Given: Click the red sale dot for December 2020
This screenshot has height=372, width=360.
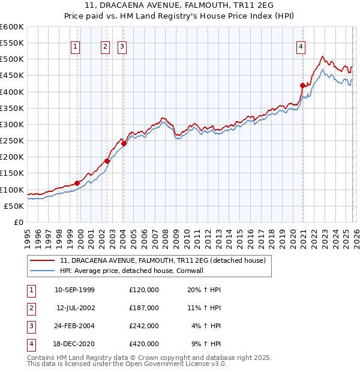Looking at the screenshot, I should tap(302, 86).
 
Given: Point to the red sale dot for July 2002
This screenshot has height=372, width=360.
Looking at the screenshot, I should tap(107, 161).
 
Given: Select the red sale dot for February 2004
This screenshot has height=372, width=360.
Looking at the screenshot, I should tap(124, 143).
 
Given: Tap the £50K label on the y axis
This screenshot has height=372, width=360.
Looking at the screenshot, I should tap(14, 206).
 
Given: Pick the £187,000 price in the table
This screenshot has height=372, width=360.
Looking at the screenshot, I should tap(144, 308).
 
